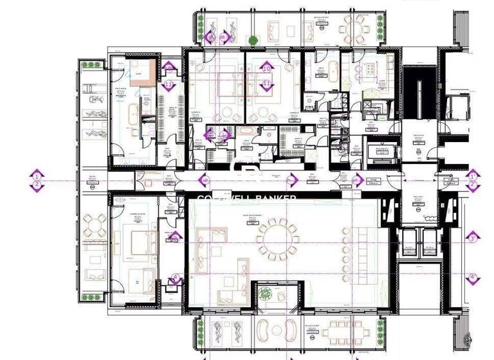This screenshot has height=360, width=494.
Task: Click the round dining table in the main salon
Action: click(x=278, y=239)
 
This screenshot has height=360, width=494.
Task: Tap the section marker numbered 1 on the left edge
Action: click(x=37, y=175)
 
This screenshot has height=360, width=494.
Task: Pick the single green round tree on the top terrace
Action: click(x=253, y=40)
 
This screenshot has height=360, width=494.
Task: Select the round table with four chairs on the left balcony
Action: click(x=96, y=226)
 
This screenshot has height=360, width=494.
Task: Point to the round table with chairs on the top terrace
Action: click(x=351, y=28)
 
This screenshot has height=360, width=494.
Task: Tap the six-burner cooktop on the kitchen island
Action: click(x=372, y=69)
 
